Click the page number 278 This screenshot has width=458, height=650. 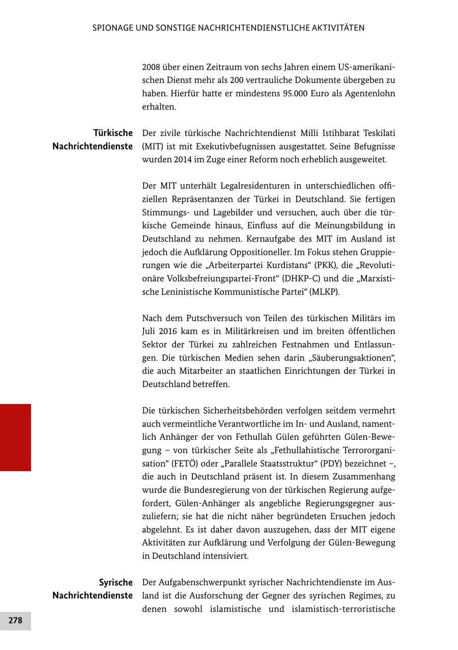pos(15,620)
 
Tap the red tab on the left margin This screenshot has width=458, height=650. pos(15,437)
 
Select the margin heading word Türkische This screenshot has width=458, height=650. pos(113,133)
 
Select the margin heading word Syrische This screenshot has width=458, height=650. pos(116,582)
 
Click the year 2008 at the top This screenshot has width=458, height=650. pos(151,67)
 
